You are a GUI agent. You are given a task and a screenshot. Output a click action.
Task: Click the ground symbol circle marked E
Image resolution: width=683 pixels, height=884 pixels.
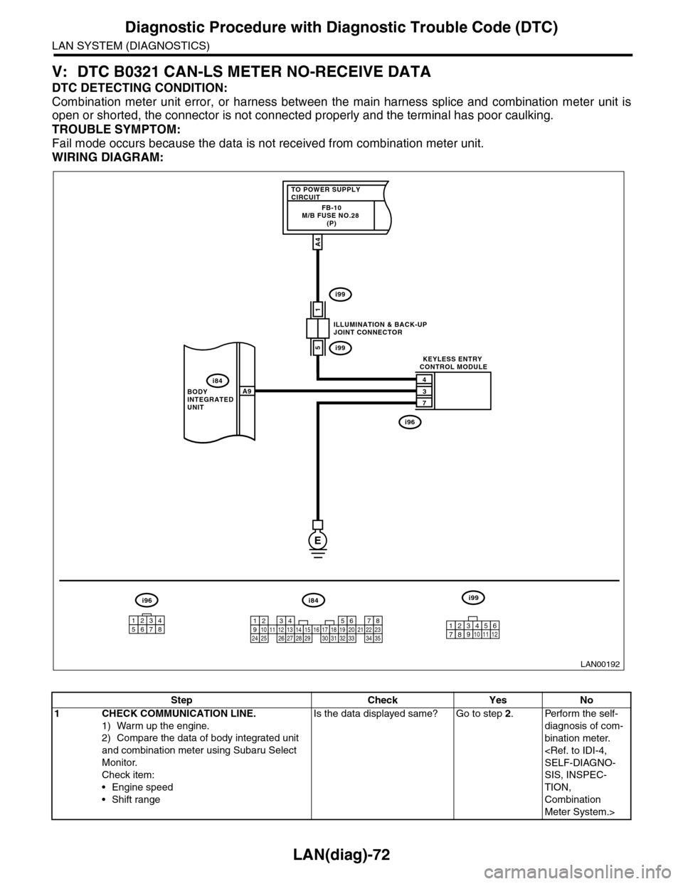(x=317, y=540)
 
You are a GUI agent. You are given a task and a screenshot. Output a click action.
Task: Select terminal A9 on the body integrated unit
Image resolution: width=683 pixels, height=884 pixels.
(x=247, y=391)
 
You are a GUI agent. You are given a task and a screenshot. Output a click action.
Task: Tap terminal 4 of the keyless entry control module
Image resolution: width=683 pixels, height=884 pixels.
(x=425, y=379)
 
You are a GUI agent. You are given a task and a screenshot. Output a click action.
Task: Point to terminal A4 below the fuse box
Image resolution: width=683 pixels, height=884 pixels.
(x=317, y=242)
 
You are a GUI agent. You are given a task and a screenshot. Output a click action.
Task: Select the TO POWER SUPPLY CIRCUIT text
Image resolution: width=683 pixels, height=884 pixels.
(x=324, y=193)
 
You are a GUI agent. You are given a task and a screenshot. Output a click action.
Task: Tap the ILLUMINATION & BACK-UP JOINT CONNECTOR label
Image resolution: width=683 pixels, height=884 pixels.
(x=379, y=328)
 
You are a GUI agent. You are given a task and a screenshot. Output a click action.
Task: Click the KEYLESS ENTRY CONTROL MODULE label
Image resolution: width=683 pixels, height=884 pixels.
(x=452, y=362)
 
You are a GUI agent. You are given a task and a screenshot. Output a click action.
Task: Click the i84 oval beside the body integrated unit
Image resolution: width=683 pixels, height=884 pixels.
(x=214, y=380)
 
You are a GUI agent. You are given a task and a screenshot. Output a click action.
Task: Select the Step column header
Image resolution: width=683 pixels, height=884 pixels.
(x=181, y=700)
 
